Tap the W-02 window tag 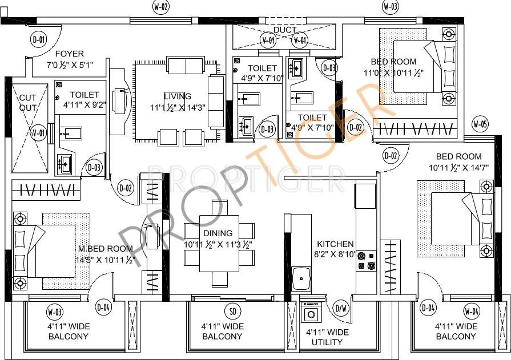click(x=161, y=7)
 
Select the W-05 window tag click(x=480, y=124)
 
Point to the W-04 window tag click(x=471, y=311)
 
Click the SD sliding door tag click(x=232, y=311)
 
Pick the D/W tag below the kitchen click(x=341, y=309)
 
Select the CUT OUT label click(x=28, y=103)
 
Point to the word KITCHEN click(x=336, y=244)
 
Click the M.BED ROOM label click(x=106, y=249)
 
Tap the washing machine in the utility click(x=312, y=313)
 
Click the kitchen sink click(x=301, y=279)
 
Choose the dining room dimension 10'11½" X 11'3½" click(x=218, y=244)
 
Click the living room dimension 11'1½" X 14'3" click(x=177, y=107)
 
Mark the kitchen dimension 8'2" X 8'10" click(x=336, y=254)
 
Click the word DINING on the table click(x=218, y=233)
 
